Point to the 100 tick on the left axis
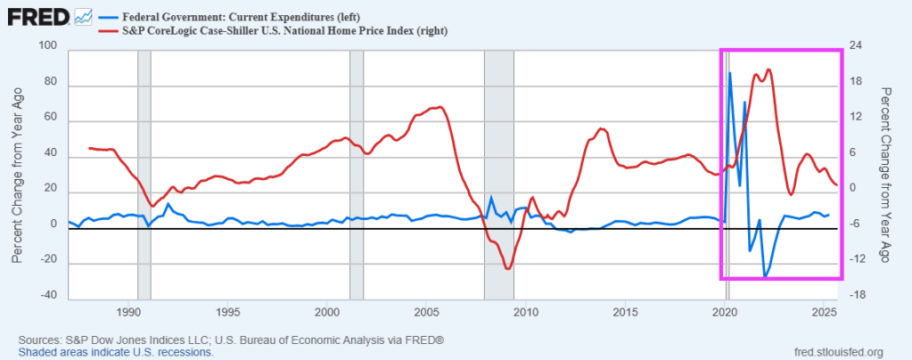coord(47,47)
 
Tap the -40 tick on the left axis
coord(45,296)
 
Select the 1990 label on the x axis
coord(129,313)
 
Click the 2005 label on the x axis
coord(426,313)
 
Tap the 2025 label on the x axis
coord(824,313)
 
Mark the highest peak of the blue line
coord(730,73)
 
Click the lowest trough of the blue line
coord(764,278)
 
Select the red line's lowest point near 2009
coord(507,269)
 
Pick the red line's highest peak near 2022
coord(768,70)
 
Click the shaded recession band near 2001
coord(357,169)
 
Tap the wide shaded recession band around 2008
coord(498,169)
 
